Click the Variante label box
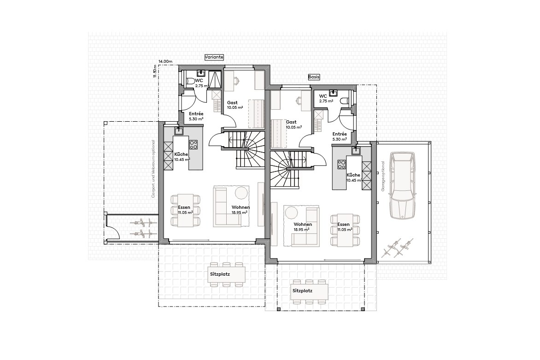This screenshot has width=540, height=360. pos(214,57)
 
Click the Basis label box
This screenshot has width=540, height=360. pos(314,77)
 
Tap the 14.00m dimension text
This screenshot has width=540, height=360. pos(165,61)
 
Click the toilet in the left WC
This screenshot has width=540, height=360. pos(190,82)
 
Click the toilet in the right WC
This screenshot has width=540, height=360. pos(344,101)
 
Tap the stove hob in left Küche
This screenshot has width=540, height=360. pos(194,145)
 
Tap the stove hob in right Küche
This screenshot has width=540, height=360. pos(341,164)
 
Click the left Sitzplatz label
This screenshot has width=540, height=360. pos(220,274)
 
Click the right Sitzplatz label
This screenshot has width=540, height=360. pos(302,291)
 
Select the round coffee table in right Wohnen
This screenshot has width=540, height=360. pos(291,212)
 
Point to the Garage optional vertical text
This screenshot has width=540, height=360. pos(382,176)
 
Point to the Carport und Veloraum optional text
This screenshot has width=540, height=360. pos(154,168)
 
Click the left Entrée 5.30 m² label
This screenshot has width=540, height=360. pos(196,116)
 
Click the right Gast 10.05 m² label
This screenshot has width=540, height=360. pos(294,124)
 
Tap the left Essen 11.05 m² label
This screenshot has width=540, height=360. pos(185,210)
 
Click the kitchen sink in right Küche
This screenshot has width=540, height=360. pos(356,150)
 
